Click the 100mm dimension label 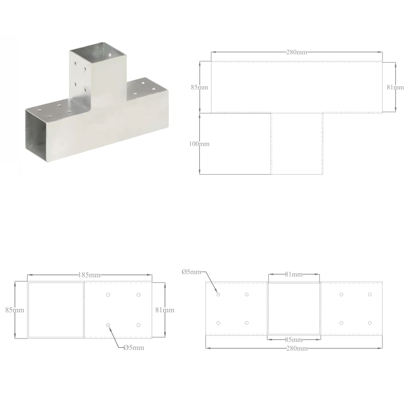(199, 144)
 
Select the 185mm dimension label (89, 275)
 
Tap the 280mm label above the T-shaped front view (296, 52)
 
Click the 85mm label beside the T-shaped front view (199, 87)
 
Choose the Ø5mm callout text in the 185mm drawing (133, 348)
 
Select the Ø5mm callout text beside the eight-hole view (191, 272)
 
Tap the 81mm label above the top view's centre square (294, 275)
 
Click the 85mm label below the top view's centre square (294, 340)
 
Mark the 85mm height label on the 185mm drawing (15, 310)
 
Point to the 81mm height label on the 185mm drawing (165, 310)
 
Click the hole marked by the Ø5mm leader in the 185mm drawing (108, 325)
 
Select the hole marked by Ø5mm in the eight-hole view (218, 295)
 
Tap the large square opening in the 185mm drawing (56, 310)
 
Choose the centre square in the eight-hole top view (294, 309)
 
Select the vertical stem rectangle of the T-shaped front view (297, 144)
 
